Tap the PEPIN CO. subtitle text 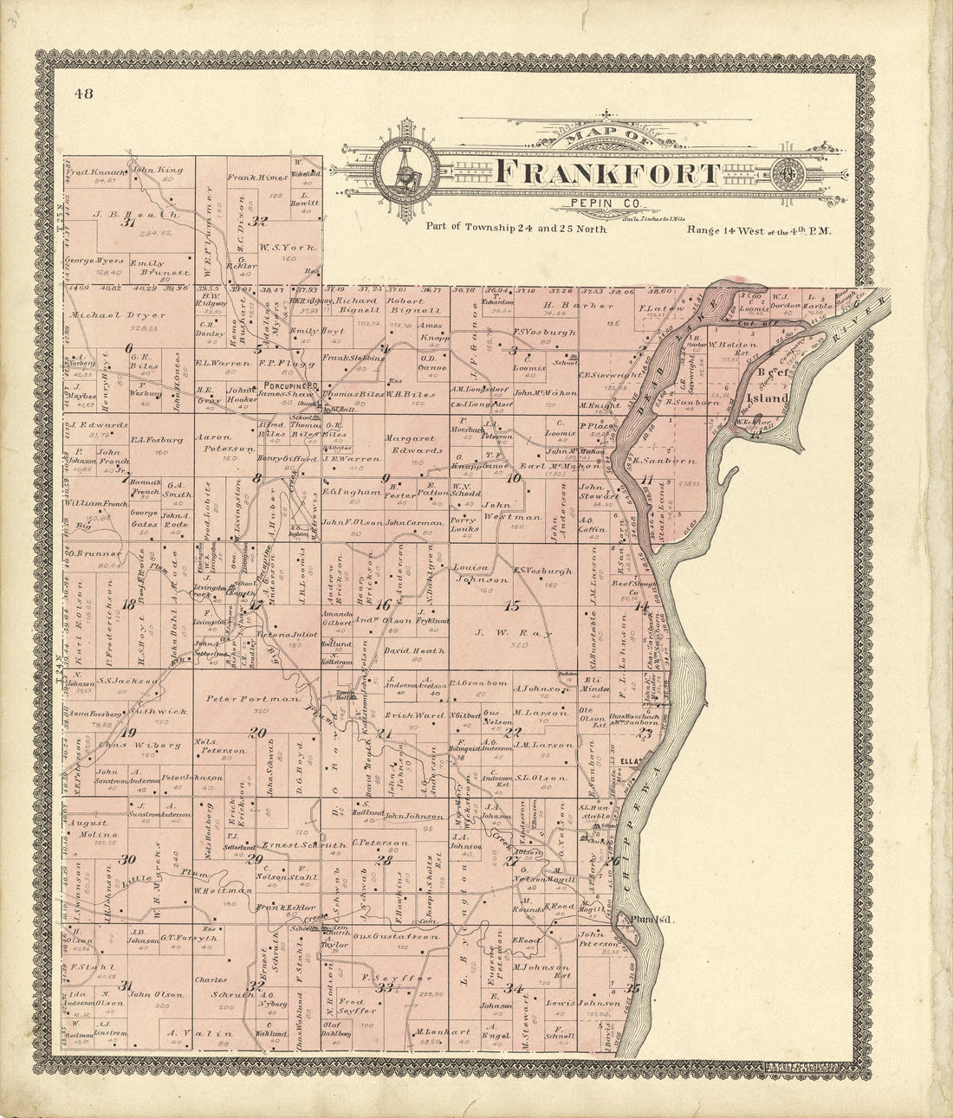[x=592, y=204]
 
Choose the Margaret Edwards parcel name [x=414, y=443]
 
